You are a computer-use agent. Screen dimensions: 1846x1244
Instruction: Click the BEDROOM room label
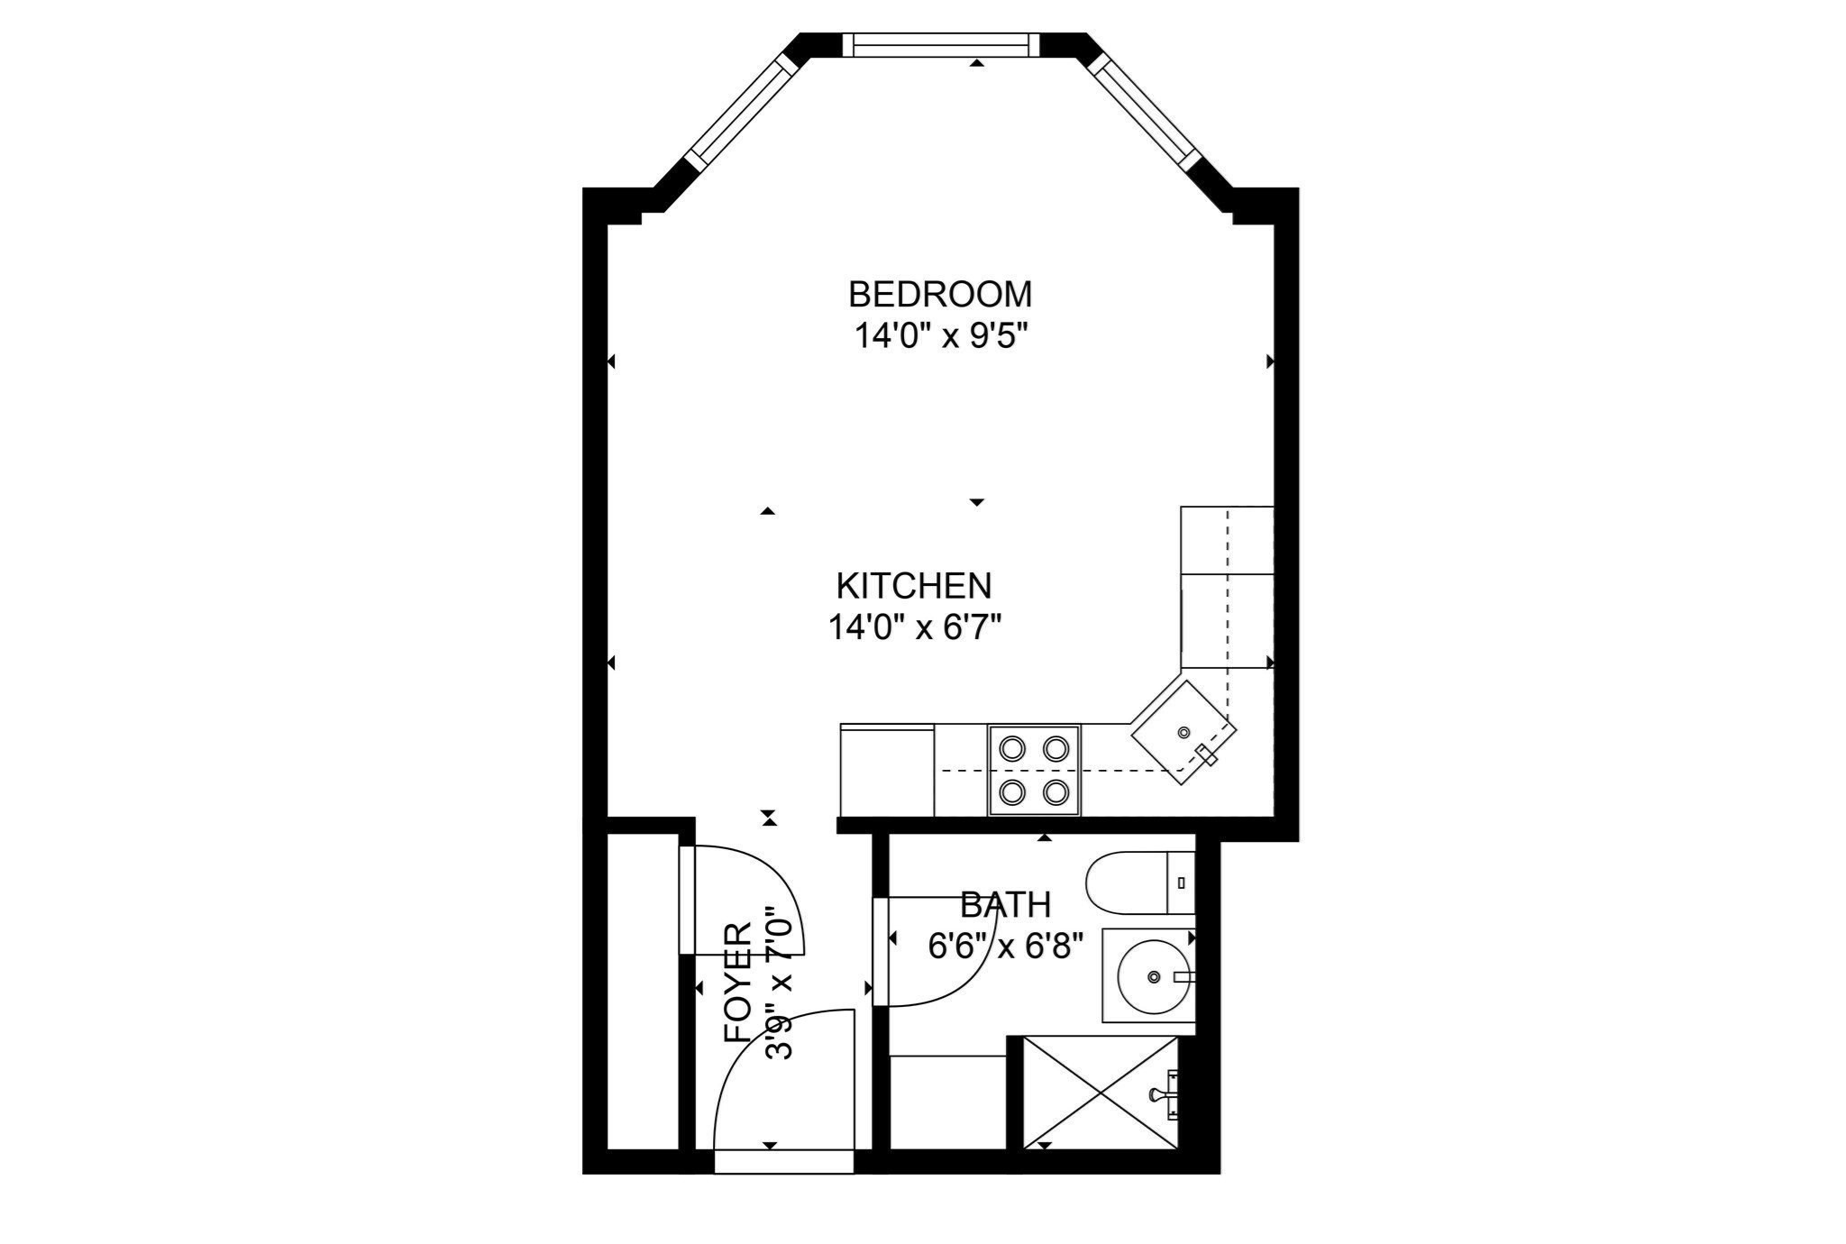tap(940, 295)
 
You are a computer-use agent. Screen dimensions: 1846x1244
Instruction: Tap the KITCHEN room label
tap(914, 586)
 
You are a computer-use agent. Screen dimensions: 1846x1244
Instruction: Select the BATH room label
tap(1005, 904)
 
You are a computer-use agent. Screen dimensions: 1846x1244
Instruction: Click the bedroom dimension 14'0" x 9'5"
tap(941, 336)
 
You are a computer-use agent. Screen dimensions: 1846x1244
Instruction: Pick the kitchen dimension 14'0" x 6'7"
tap(915, 627)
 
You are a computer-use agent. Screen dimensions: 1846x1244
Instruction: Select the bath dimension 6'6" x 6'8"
tap(1005, 946)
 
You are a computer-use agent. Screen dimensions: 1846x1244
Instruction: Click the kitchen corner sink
tap(1183, 732)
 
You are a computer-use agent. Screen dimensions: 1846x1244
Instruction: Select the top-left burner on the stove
tap(1012, 748)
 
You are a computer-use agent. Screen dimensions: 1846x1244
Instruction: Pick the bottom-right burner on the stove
tap(1056, 792)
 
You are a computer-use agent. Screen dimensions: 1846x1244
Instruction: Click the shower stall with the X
tap(1101, 1093)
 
